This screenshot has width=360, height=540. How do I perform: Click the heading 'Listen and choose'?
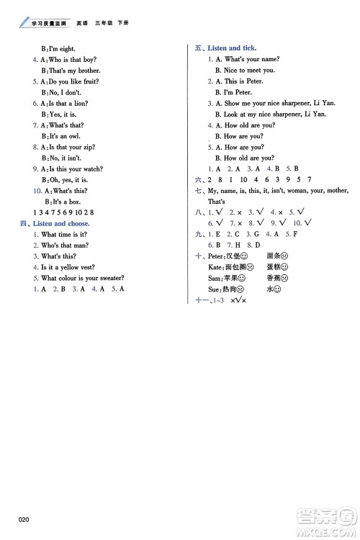tap(60, 224)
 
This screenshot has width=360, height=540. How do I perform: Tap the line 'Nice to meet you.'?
tap(249, 70)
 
